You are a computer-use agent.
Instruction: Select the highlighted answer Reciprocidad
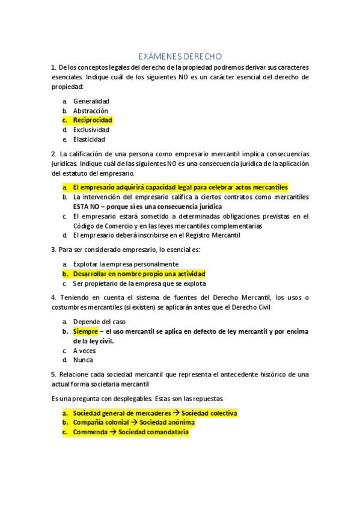(x=93, y=120)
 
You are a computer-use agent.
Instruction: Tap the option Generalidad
(x=91, y=102)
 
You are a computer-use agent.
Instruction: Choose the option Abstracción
(x=91, y=111)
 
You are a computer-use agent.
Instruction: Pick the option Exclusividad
(x=91, y=129)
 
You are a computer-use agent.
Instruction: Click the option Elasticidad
(x=89, y=139)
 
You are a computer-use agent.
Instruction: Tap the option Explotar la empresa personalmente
(x=126, y=264)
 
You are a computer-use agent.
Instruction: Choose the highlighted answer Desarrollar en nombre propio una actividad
(x=139, y=274)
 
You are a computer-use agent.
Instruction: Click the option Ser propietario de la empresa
(x=139, y=283)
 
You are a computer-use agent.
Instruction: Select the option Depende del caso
(x=99, y=322)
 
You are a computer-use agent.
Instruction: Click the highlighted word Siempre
(x=85, y=331)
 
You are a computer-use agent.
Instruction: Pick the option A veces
(x=84, y=351)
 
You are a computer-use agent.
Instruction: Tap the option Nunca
(x=83, y=360)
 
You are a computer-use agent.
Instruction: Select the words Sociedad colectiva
(x=209, y=413)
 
